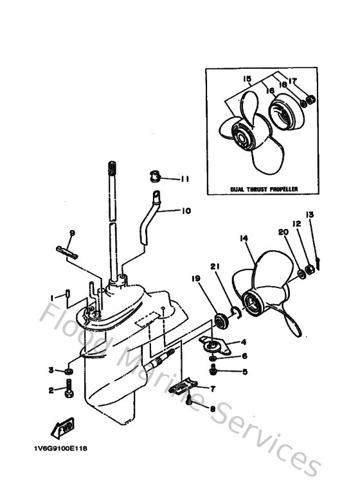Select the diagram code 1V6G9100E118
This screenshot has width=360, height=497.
pos(57,449)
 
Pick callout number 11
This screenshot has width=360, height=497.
pos(184,179)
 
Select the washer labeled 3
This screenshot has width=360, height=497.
pos(69,371)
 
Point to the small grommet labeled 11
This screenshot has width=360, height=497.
pos(155,175)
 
